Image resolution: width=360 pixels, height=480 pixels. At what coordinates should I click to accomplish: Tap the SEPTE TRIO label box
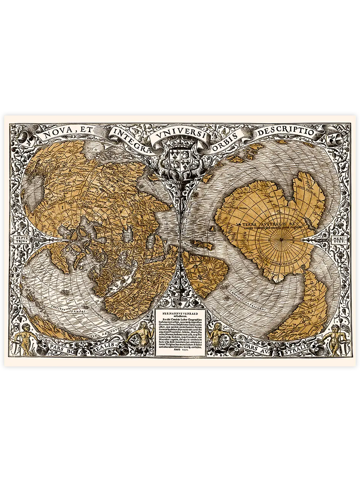[x=19, y=241]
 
